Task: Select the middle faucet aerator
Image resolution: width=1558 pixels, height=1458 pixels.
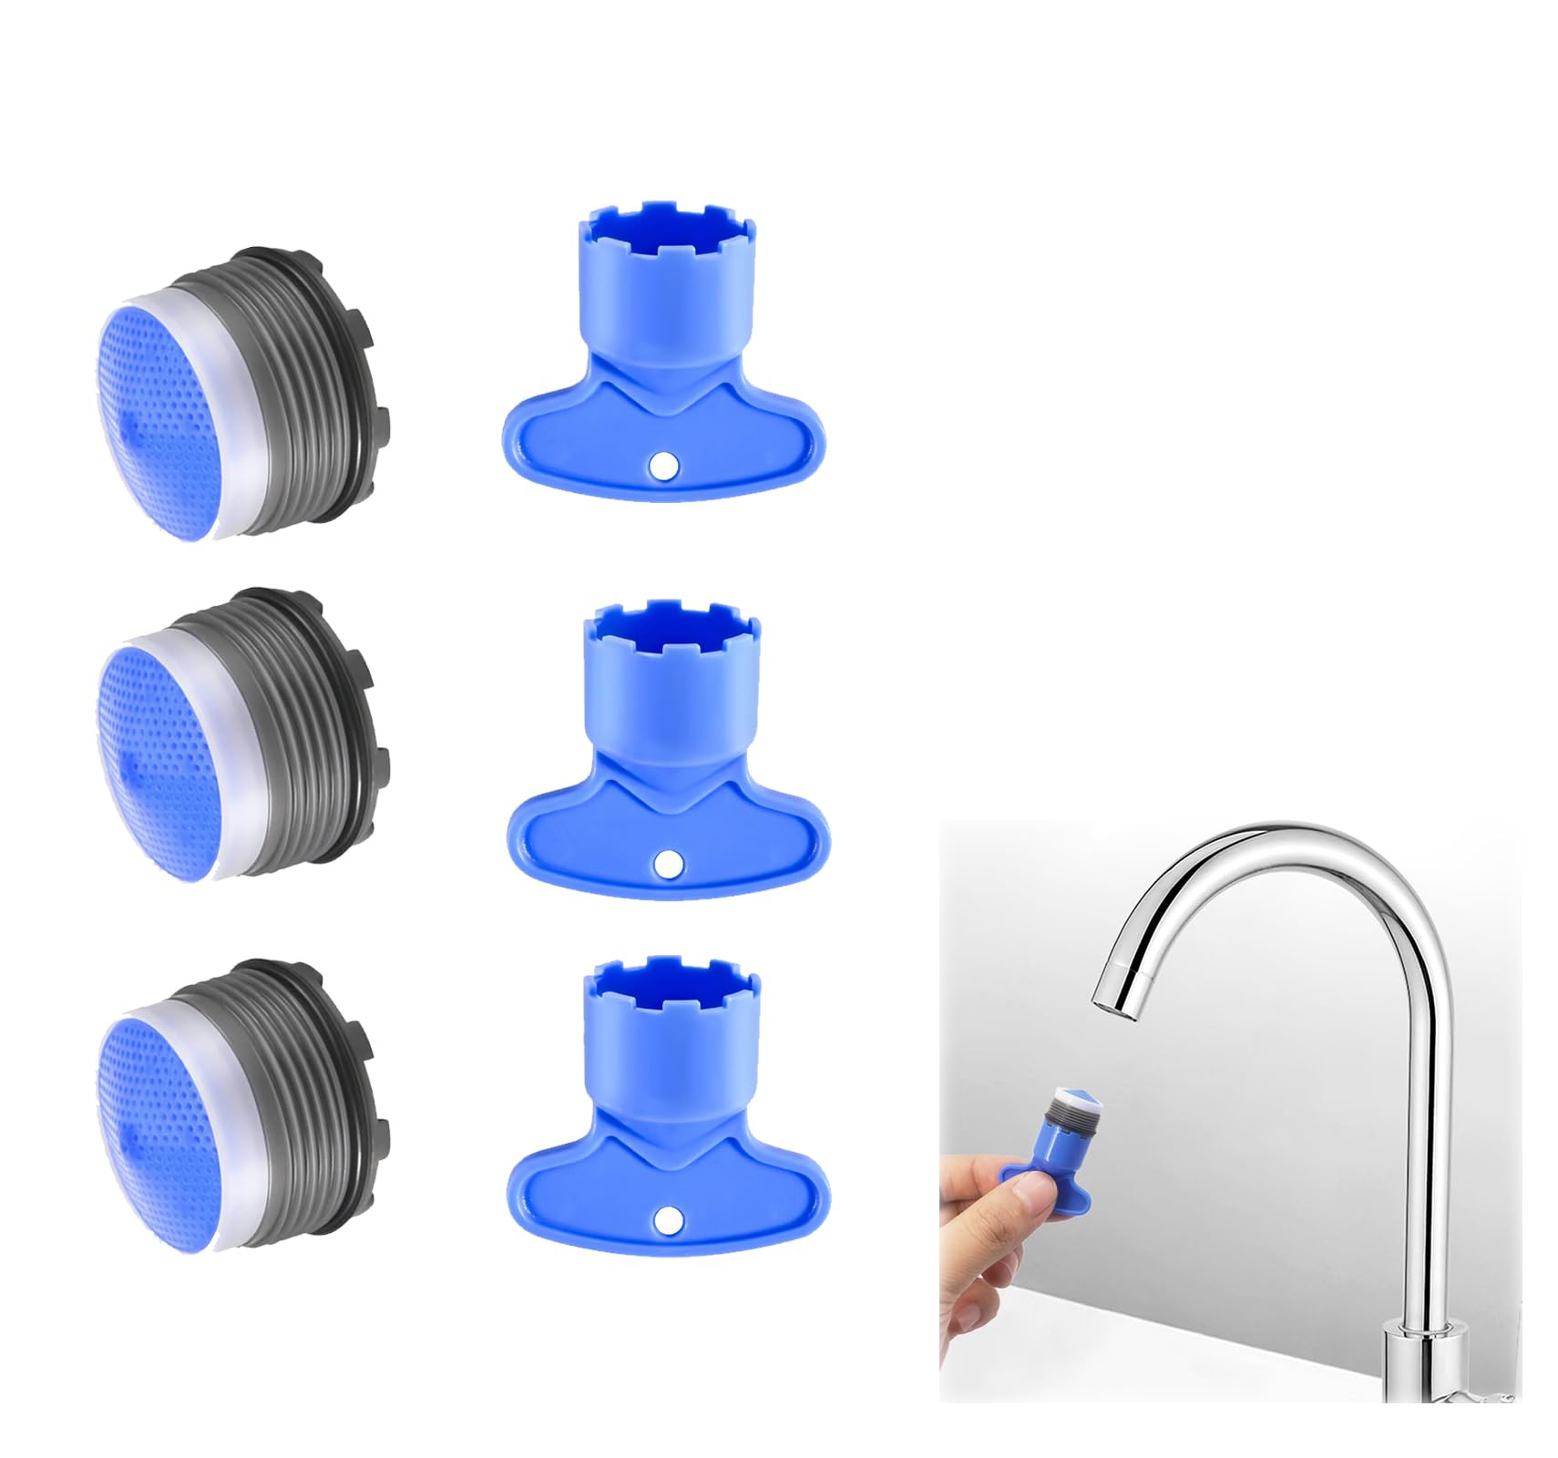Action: coord(241,734)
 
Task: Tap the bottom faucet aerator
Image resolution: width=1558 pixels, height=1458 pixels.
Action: coord(241,1098)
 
